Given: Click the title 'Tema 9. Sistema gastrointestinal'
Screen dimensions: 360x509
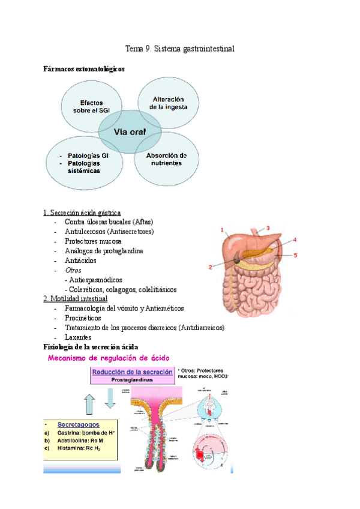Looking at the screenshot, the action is [x=179, y=49].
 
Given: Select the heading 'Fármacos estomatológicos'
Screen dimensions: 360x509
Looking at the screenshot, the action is [x=85, y=69].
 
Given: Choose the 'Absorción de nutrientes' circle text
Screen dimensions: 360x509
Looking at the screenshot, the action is [x=167, y=159].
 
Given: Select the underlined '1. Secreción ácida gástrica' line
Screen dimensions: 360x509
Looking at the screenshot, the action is [x=82, y=212].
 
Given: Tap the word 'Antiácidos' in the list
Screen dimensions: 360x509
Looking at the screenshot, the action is [x=80, y=261].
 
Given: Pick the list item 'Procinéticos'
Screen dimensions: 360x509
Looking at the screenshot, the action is [x=83, y=318].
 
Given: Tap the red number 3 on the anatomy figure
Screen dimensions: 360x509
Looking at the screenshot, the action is [x=268, y=227].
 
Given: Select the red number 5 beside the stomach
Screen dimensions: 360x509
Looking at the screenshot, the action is [x=295, y=254].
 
